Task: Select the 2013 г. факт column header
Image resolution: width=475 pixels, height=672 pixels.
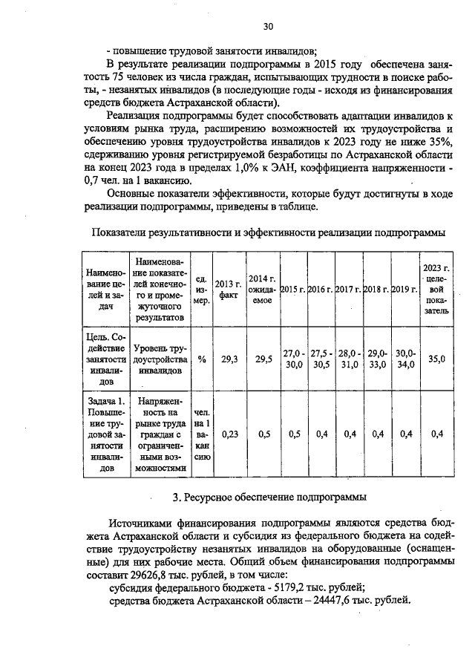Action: (x=228, y=289)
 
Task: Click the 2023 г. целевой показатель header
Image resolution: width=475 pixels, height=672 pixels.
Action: (x=436, y=289)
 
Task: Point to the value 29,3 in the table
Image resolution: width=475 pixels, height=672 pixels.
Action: (x=229, y=359)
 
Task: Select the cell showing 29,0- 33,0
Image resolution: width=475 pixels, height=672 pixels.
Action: (x=377, y=359)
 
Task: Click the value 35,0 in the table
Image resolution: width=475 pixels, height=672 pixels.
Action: (x=436, y=359)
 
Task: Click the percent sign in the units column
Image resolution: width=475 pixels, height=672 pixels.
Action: (x=201, y=359)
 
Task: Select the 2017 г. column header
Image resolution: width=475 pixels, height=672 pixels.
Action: (x=348, y=289)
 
